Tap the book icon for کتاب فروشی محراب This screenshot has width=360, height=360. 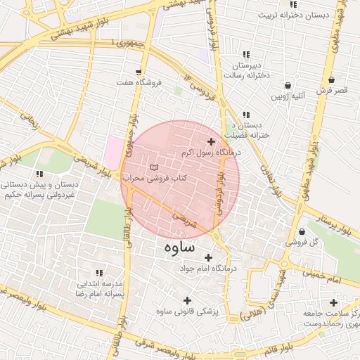[154, 167]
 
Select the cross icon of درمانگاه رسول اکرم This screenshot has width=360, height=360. [210, 142]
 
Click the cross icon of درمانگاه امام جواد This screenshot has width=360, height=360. [209, 258]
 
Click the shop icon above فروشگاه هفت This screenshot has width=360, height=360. [139, 72]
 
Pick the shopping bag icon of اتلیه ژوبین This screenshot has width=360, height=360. [288, 85]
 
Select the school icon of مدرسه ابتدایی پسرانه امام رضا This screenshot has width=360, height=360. [99, 272]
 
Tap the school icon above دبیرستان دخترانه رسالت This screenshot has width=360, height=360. [245, 54]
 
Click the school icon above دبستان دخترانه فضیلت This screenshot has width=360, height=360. [245, 115]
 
